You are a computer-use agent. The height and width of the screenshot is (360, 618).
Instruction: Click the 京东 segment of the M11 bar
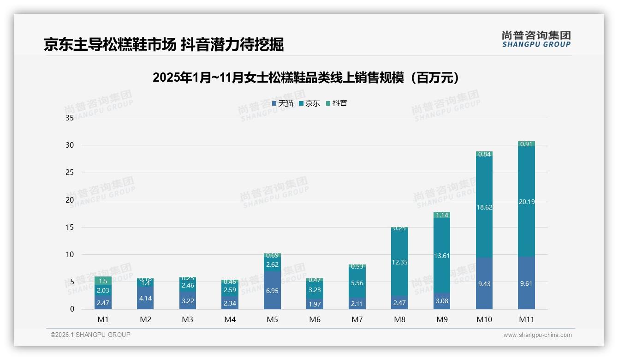click(x=526, y=217)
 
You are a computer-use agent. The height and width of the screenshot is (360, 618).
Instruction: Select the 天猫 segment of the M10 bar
click(x=484, y=283)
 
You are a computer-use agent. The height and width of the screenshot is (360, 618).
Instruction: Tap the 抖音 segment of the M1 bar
click(x=103, y=281)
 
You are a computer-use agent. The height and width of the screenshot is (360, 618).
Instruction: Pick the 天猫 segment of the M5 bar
click(x=272, y=290)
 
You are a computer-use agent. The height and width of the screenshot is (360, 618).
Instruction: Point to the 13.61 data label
click(x=442, y=256)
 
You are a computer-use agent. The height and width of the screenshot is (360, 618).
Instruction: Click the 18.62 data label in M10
click(x=484, y=208)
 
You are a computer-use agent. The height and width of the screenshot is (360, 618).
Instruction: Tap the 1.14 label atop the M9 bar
click(x=442, y=215)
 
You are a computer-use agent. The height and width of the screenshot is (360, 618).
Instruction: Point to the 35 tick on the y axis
click(x=70, y=118)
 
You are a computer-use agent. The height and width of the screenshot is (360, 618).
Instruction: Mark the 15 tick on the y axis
click(x=70, y=227)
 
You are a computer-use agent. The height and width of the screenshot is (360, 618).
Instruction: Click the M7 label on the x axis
click(x=357, y=319)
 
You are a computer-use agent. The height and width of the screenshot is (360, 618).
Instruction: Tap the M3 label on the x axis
click(x=187, y=319)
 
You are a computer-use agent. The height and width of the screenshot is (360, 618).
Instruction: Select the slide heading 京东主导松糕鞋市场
click(x=163, y=44)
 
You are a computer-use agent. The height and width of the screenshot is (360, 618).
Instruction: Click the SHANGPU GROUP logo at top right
click(x=536, y=39)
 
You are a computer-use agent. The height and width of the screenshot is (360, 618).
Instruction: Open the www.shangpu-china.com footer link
click(x=537, y=335)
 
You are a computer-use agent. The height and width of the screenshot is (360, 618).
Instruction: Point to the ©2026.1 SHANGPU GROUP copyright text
click(x=90, y=335)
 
